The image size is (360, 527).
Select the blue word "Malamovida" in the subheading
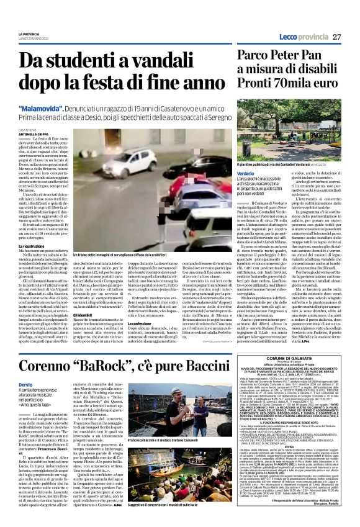(x=40, y=109)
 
